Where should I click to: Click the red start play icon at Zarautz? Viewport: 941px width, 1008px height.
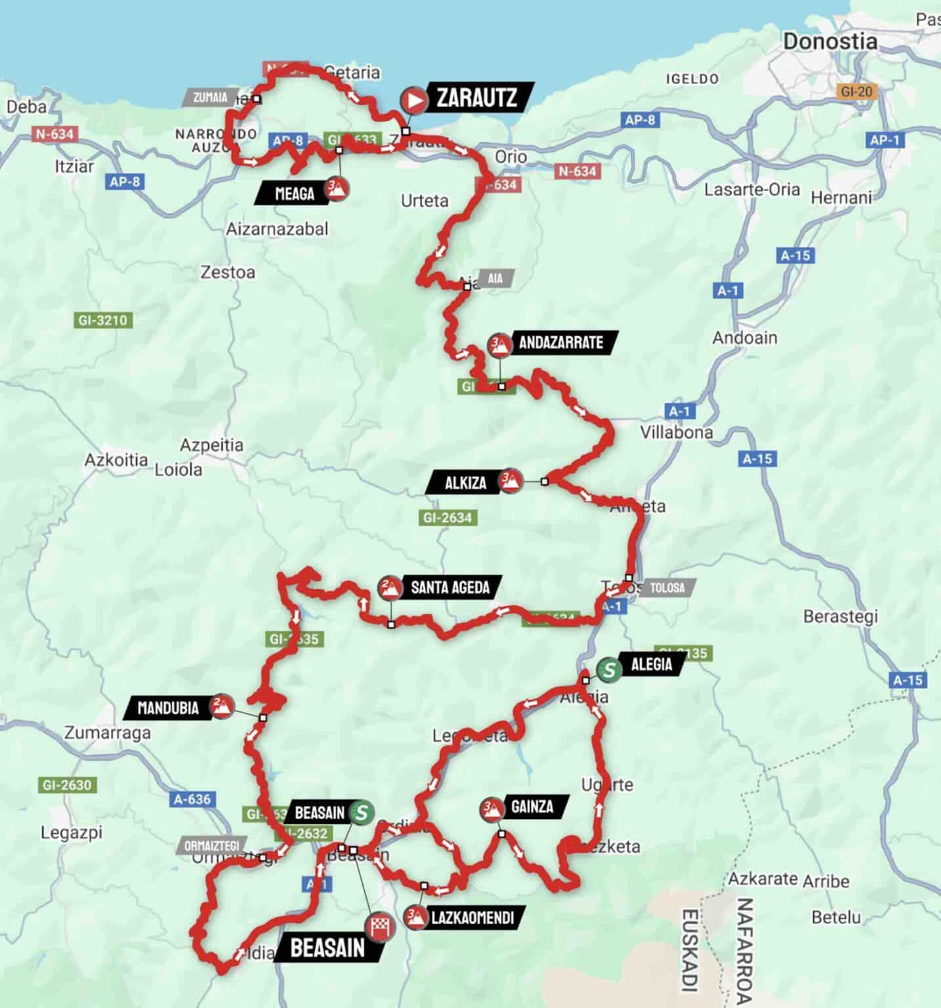415,100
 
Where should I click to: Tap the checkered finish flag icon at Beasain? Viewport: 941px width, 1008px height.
381,927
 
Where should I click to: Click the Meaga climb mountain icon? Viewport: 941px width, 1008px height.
336,190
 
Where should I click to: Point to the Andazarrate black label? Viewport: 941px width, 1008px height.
560,343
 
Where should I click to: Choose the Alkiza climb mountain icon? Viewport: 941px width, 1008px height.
510,481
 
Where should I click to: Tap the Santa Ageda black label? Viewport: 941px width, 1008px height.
450,587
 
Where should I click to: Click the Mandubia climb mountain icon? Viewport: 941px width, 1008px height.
222,706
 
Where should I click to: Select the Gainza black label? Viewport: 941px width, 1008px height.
532,807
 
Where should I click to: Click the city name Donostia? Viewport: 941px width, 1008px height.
829,42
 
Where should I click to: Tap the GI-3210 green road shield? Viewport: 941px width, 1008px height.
103,320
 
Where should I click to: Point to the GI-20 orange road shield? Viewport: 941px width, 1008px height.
856,92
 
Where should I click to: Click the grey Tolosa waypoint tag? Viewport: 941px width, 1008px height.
667,587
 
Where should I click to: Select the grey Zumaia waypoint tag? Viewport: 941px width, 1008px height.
210,98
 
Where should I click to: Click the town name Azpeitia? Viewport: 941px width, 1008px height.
211,445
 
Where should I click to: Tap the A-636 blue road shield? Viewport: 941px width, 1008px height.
192,799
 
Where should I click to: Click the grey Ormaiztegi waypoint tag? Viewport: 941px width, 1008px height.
211,845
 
